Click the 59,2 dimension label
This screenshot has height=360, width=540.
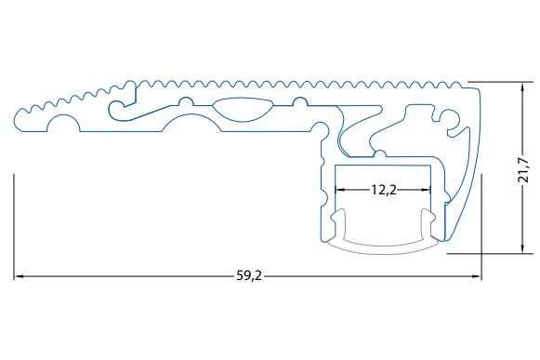point(249,276)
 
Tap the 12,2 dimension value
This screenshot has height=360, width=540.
point(383,190)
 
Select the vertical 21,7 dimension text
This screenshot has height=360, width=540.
point(523,170)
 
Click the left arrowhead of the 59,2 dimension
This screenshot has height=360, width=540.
point(19,276)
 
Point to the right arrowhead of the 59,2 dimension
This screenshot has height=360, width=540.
point(477,276)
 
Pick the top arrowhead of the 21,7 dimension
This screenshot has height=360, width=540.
point(522,87)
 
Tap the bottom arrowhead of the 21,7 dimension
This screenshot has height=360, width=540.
point(522,249)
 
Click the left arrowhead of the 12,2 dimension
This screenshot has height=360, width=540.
point(340,190)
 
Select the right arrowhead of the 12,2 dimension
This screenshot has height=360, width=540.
point(426,190)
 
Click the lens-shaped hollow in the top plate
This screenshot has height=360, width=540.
point(243,110)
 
